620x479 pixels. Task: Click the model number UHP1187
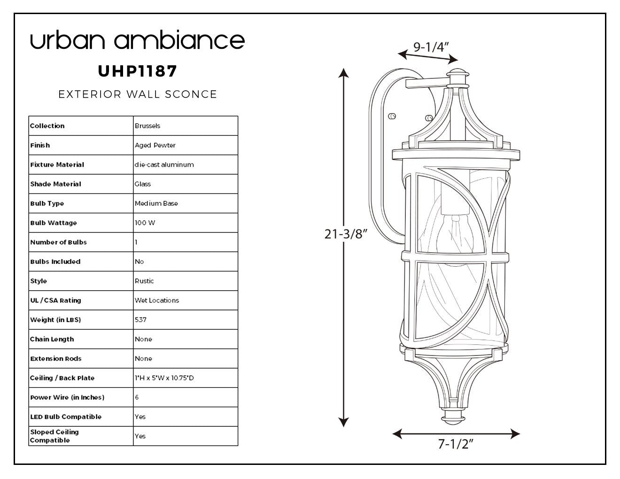click(x=137, y=71)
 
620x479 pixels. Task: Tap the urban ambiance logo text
click(x=137, y=39)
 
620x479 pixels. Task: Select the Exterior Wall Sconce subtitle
click(x=138, y=94)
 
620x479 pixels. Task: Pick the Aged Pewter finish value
click(x=155, y=145)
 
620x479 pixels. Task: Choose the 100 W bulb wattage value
click(x=145, y=223)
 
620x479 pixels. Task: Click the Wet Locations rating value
click(x=156, y=301)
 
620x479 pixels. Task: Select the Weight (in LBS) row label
click(x=55, y=320)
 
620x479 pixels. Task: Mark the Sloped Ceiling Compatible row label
click(x=54, y=436)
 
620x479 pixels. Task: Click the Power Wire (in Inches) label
click(x=67, y=397)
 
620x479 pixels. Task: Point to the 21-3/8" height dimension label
click(x=346, y=234)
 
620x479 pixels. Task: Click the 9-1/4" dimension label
click(x=431, y=47)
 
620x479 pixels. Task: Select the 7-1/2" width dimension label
click(x=456, y=444)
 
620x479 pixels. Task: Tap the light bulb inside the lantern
click(x=455, y=239)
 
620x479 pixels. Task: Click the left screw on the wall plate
click(x=392, y=116)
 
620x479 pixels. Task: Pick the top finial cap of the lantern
click(x=457, y=73)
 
